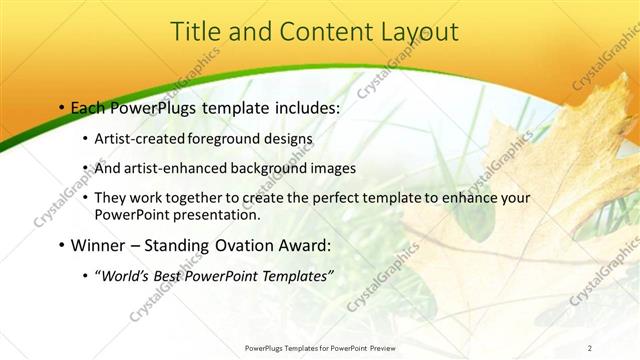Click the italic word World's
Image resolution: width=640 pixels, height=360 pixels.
126,276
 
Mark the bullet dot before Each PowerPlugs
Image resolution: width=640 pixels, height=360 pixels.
62,105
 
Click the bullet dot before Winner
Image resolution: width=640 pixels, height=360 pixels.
62,245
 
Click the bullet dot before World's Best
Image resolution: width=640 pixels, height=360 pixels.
85,276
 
